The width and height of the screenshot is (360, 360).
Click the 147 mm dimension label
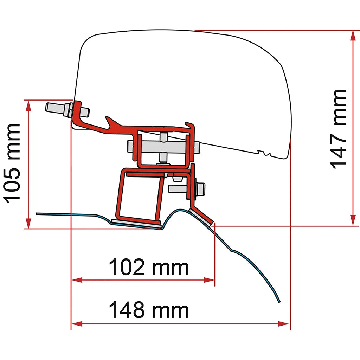click(338, 129)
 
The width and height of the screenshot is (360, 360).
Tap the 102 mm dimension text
click(149, 267)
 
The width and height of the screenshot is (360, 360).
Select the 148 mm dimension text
click(149, 310)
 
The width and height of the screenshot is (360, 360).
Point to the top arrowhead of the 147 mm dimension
click(353, 36)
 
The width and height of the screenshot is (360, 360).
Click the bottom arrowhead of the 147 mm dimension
click(353, 220)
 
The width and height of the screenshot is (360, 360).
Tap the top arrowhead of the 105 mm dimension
click(28, 105)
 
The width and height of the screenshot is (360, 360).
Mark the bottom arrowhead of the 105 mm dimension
click(28, 223)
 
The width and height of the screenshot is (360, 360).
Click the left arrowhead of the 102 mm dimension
click(77, 280)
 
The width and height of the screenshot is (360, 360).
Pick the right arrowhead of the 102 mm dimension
click(209, 280)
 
